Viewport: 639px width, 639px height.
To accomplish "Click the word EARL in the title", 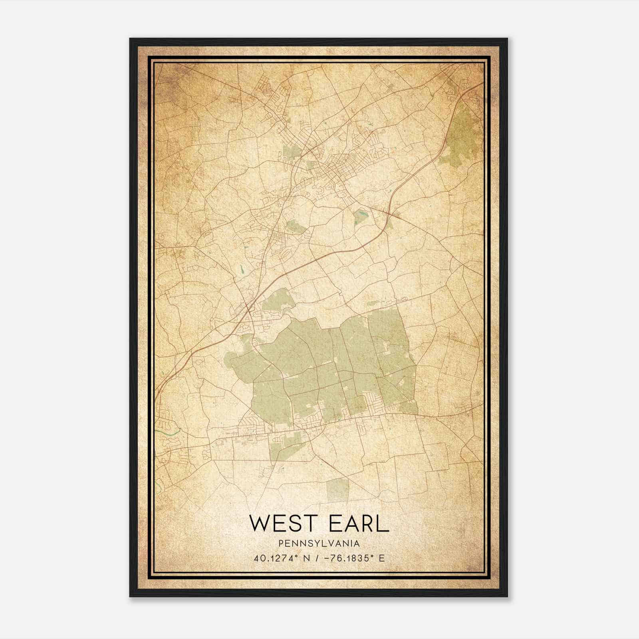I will click(x=359, y=524).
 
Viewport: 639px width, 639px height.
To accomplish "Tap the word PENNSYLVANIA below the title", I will click(x=319, y=543).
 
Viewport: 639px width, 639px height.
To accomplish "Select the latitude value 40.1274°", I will click(x=276, y=558).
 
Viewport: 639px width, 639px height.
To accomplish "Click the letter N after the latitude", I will click(x=307, y=558).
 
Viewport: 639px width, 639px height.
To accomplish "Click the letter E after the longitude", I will click(x=381, y=558).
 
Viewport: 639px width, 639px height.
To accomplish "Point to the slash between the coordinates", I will click(x=317, y=558).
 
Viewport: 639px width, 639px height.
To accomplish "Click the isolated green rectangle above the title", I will click(x=338, y=490).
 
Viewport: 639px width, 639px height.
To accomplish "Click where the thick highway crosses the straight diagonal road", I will click(x=388, y=212).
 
